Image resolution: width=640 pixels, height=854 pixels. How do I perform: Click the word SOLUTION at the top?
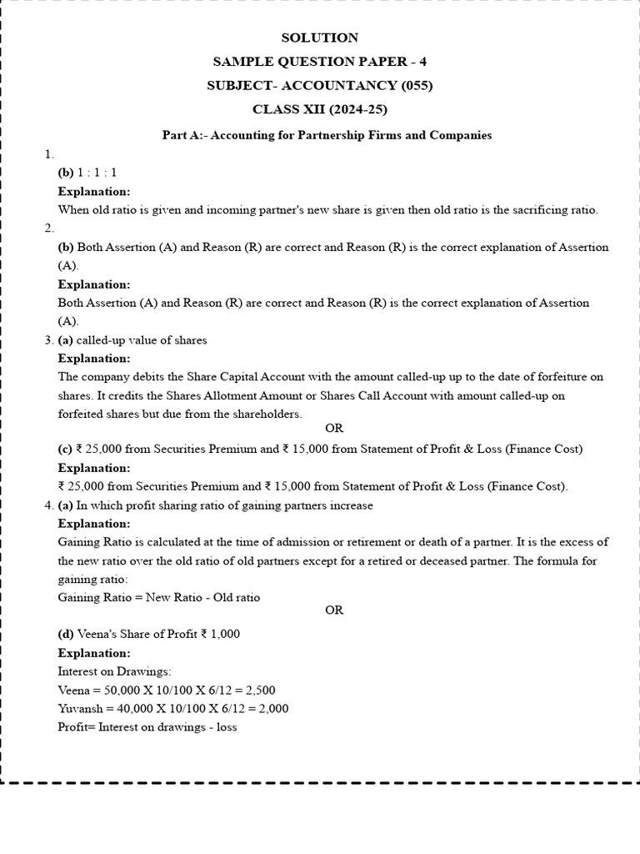[320, 38]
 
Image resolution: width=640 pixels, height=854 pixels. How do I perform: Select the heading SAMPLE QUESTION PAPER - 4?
[320, 62]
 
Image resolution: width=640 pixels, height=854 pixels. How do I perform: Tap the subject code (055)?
[417, 86]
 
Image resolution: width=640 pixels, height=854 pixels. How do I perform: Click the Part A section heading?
[327, 135]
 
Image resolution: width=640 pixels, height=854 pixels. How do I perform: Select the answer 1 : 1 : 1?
[98, 173]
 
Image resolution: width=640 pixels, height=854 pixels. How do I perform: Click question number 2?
[49, 229]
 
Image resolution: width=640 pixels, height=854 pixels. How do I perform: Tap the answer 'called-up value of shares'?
[142, 340]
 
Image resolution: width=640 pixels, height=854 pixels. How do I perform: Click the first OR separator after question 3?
[334, 429]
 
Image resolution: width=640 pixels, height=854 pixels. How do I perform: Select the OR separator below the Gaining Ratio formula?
[334, 610]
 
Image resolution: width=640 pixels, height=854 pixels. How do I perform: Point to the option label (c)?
[65, 449]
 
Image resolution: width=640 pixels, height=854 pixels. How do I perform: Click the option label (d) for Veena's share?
[66, 634]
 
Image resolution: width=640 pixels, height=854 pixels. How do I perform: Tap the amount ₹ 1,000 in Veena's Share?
[220, 634]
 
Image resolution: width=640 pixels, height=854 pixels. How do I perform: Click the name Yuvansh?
[81, 708]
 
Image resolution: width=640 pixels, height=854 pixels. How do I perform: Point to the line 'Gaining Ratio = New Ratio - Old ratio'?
[159, 597]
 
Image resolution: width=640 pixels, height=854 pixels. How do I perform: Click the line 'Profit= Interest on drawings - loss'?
[147, 726]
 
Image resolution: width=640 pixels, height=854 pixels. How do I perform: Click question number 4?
[48, 505]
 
